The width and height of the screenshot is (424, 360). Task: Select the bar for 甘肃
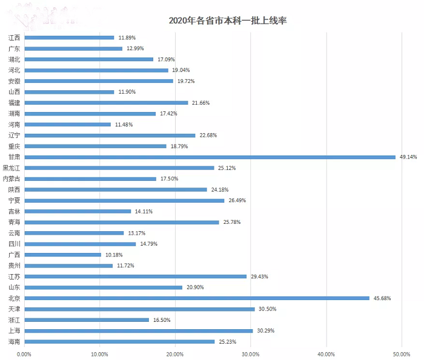click(209, 157)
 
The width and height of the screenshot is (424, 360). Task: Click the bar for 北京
click(196, 298)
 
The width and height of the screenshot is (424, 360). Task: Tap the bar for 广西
click(62, 255)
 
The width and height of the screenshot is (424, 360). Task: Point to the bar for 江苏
click(135, 277)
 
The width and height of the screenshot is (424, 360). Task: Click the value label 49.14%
click(408, 157)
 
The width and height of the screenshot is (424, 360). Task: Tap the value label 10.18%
click(114, 255)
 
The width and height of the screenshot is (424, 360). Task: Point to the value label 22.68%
click(208, 136)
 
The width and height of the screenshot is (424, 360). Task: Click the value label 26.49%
click(236, 200)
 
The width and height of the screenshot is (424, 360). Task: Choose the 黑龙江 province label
click(12, 168)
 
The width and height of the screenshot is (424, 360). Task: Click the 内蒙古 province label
click(12, 178)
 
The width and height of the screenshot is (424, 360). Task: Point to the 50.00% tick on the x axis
click(402, 354)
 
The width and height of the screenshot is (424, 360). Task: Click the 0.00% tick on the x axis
click(24, 354)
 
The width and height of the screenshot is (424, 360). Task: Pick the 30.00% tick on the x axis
click(250, 354)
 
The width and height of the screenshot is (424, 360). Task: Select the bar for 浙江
click(86, 320)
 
